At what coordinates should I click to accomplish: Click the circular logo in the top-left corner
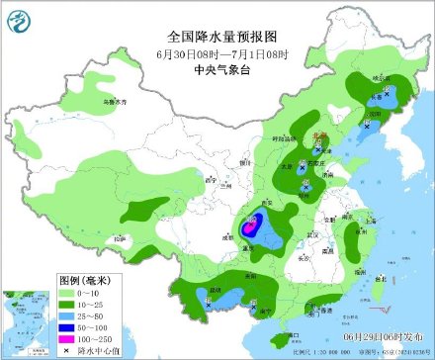coord(19,18)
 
